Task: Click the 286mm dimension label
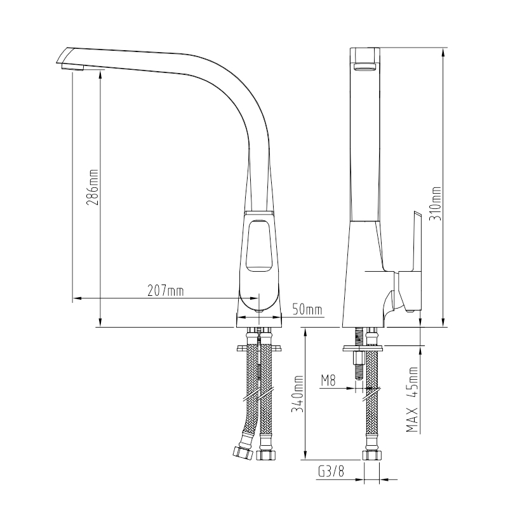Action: click(x=92, y=187)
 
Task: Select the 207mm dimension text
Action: click(x=166, y=291)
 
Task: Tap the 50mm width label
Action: click(x=307, y=309)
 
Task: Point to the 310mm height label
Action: click(x=435, y=203)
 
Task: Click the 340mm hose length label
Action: click(x=297, y=394)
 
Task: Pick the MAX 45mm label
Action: click(x=412, y=399)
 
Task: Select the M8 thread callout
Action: click(x=328, y=380)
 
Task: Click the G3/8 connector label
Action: click(x=331, y=471)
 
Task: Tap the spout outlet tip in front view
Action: click(x=72, y=67)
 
